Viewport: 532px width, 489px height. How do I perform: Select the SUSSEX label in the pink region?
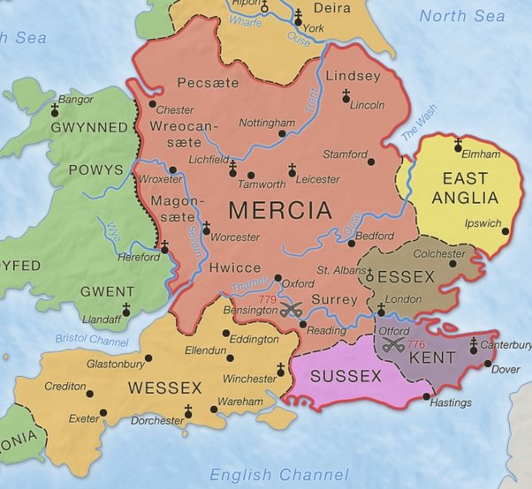click(x=346, y=377)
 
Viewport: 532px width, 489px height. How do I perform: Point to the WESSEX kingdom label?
click(x=164, y=387)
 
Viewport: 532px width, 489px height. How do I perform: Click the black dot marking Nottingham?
click(x=282, y=134)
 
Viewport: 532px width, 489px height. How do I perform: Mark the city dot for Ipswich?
click(x=505, y=232)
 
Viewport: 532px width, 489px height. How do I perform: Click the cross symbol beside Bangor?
click(x=54, y=109)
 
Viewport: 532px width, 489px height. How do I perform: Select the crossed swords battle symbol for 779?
click(x=293, y=310)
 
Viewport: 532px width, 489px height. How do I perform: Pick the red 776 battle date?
click(x=417, y=344)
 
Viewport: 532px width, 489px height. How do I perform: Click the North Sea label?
click(x=462, y=16)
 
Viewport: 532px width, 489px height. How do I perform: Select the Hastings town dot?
click(x=428, y=396)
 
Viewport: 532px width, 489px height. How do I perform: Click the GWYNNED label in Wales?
click(x=89, y=128)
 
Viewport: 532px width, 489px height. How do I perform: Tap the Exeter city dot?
click(x=103, y=412)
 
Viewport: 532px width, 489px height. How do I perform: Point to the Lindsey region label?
click(x=353, y=77)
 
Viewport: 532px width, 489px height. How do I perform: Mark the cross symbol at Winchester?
click(x=282, y=369)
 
